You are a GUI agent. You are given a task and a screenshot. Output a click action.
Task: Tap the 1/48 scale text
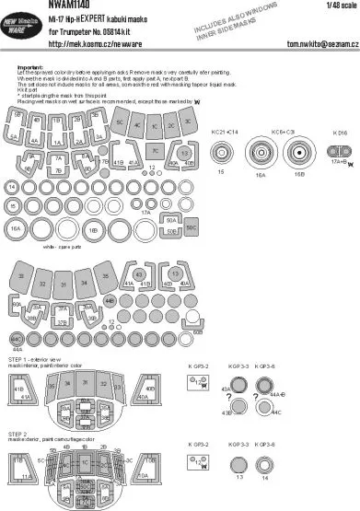tap(342, 6)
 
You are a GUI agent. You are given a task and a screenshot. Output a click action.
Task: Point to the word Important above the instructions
tap(33, 67)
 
